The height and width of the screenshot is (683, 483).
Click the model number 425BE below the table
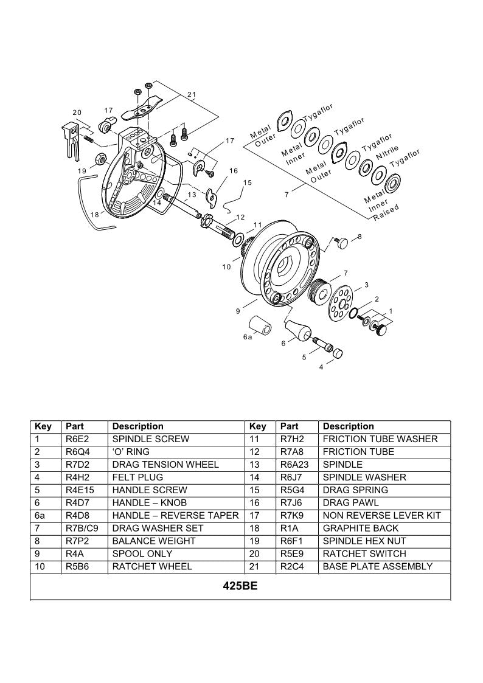click(x=240, y=588)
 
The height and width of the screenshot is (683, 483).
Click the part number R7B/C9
click(x=82, y=528)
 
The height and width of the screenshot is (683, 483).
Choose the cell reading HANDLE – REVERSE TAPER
click(x=175, y=515)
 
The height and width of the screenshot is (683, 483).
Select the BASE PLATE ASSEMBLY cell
click(x=377, y=566)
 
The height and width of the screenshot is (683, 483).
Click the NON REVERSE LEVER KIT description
click(x=381, y=515)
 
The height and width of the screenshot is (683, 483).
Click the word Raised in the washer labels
click(x=386, y=213)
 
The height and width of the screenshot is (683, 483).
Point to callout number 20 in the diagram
click(x=77, y=113)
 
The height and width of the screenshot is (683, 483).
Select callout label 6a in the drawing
click(x=247, y=336)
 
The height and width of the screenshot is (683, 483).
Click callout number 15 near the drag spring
click(x=247, y=182)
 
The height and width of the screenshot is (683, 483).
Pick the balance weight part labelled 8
click(x=342, y=242)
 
